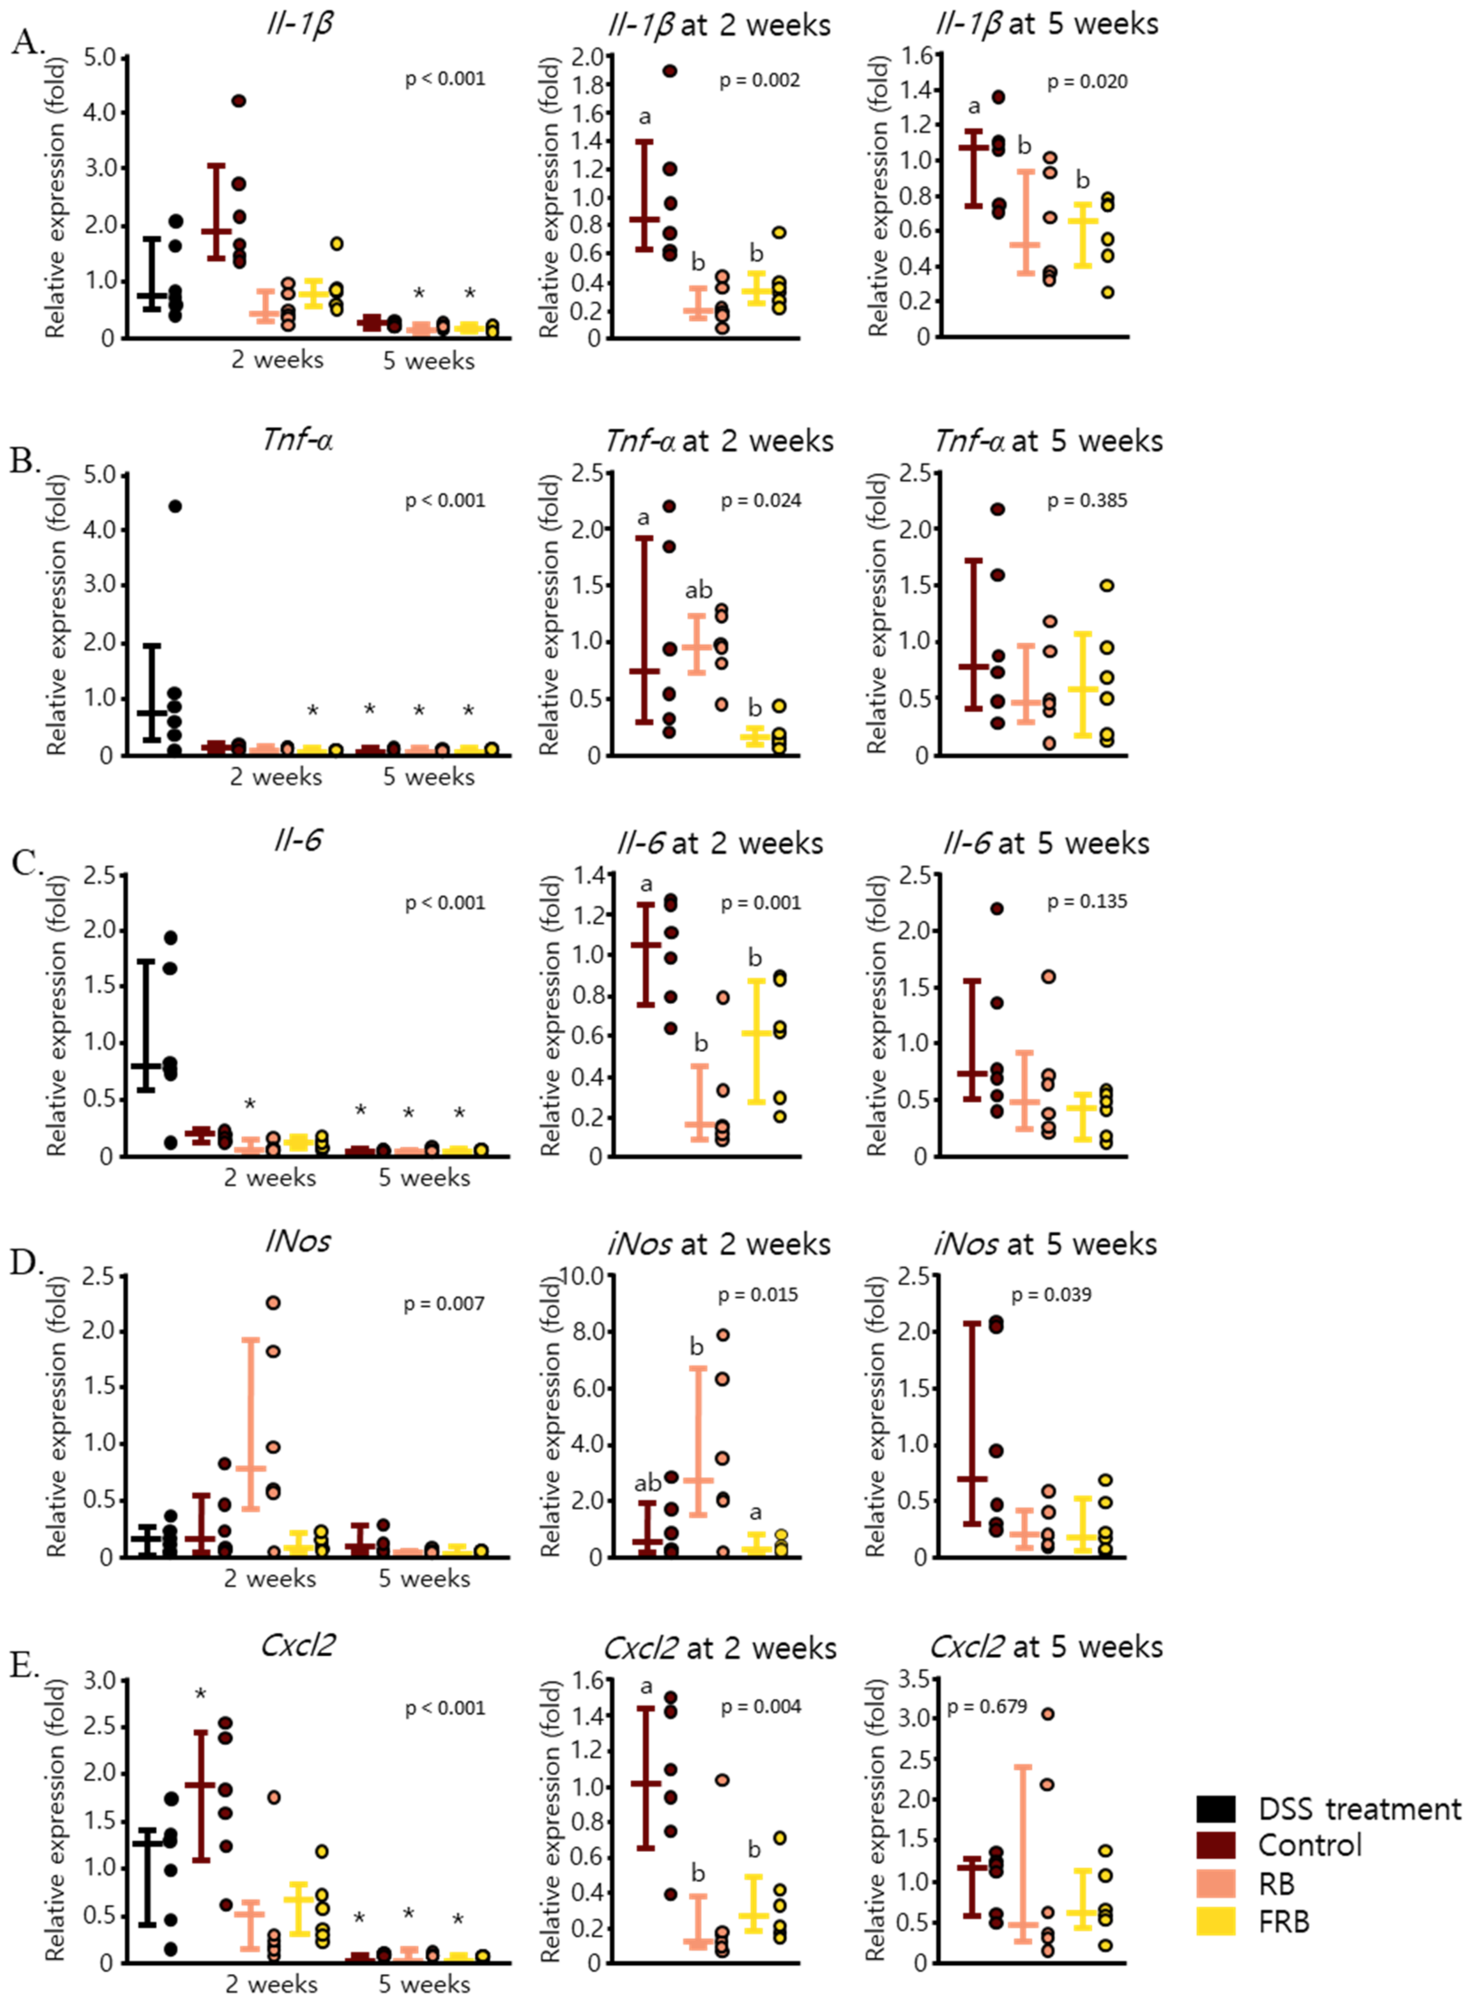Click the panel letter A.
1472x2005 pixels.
click(27, 42)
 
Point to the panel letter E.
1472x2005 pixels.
click(25, 1666)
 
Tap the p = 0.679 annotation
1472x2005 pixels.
click(986, 1707)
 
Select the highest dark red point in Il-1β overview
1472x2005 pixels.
click(238, 101)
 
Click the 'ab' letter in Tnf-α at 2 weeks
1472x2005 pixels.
click(699, 590)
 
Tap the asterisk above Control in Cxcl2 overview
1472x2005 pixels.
click(201, 1694)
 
